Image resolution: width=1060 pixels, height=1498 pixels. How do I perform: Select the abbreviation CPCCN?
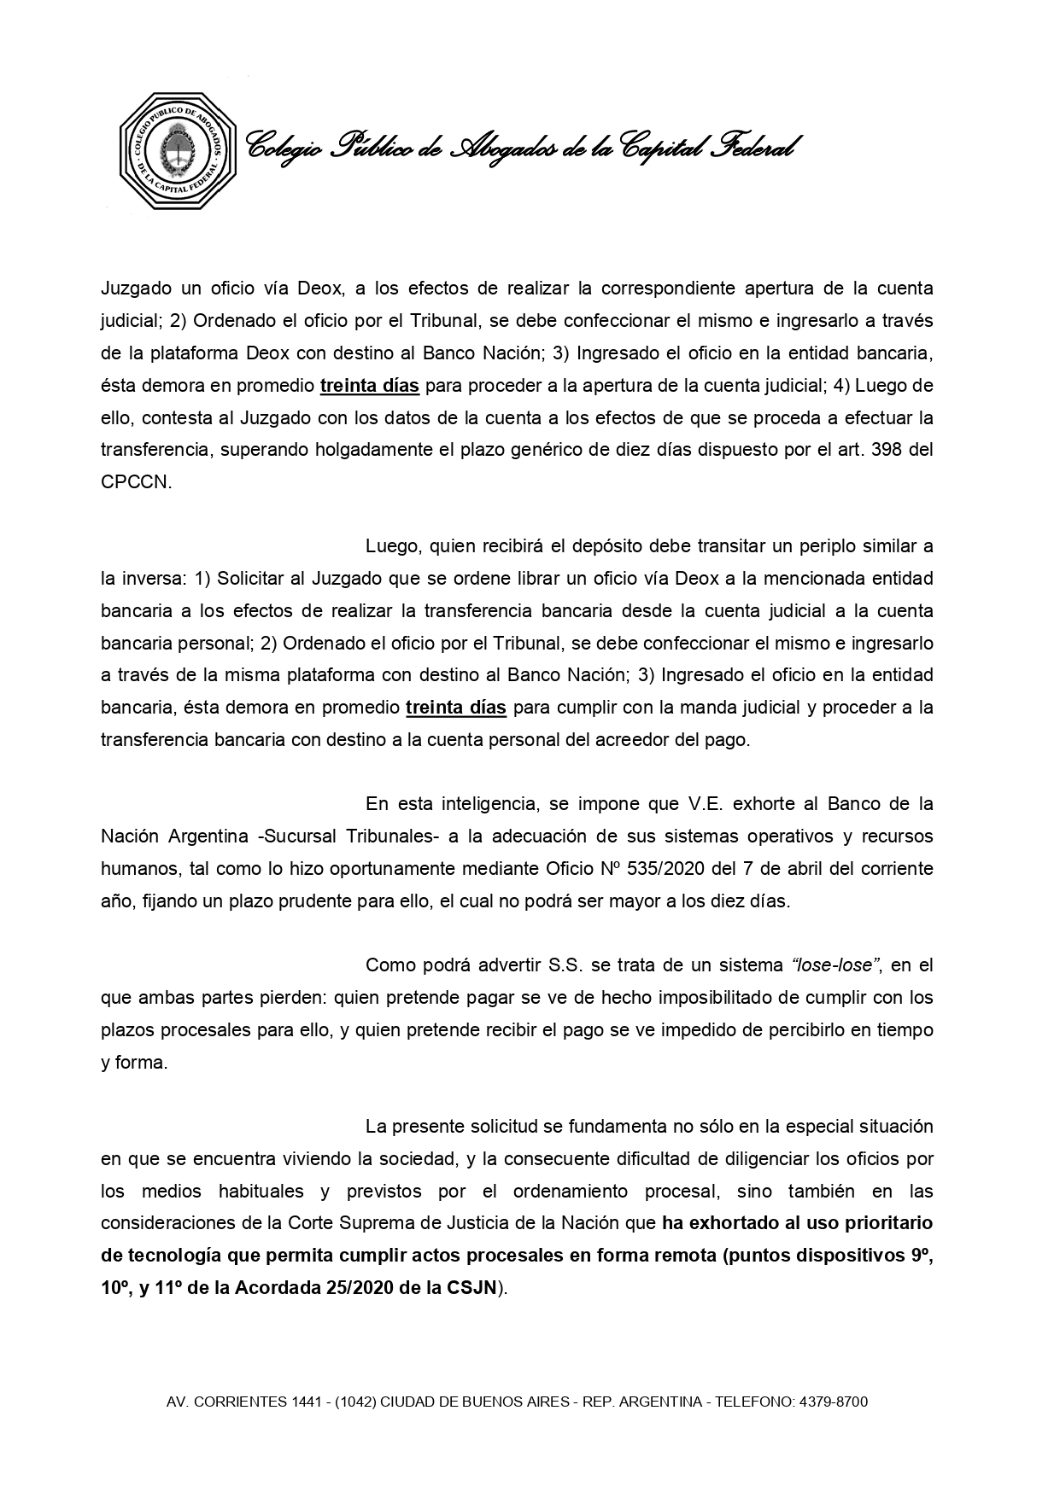tap(136, 482)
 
